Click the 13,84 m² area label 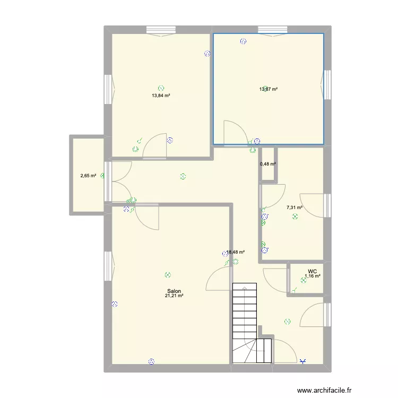coord(161,96)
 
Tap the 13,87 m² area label coord(269,90)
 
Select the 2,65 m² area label coord(88,175)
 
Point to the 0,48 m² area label coord(268,164)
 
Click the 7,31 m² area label coord(295,208)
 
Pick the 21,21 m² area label coord(174,296)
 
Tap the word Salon coord(174,291)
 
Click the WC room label coord(312,271)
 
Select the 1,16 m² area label coord(313,276)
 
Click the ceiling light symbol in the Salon coord(168,275)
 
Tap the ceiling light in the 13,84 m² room coord(161,89)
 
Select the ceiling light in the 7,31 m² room coord(295,217)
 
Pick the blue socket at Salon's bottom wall coord(151,361)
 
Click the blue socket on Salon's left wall coord(114,304)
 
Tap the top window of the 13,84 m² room coord(161,30)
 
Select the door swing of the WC coord(276,280)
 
